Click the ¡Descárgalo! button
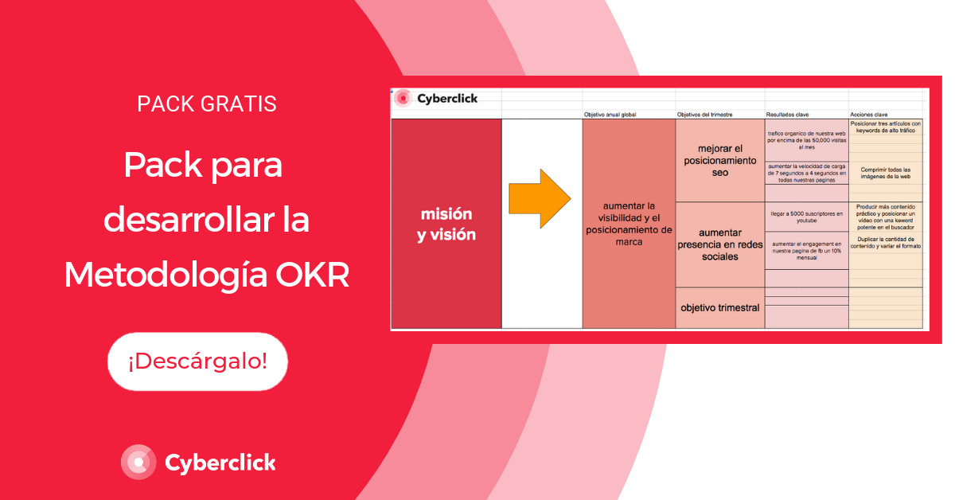click(x=197, y=361)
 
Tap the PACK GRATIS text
click(x=207, y=104)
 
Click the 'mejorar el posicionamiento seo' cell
click(x=719, y=160)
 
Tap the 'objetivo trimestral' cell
click(x=719, y=307)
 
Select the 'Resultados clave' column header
click(x=787, y=115)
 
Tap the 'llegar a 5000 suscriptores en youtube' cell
click(x=806, y=218)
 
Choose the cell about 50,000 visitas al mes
click(x=806, y=139)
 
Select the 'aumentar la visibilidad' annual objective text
click(x=629, y=225)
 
